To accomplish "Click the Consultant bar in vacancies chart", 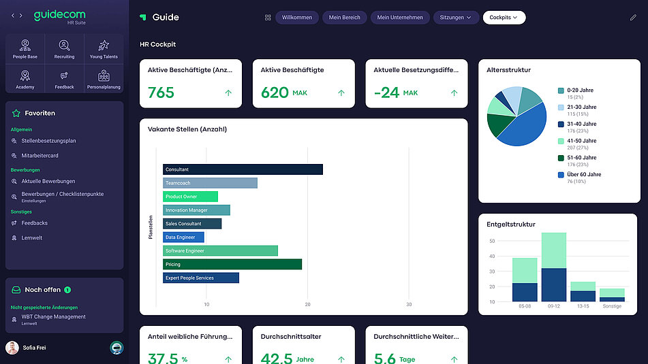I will click(242, 169).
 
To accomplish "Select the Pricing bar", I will click(232, 264).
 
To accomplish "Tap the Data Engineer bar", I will click(183, 237).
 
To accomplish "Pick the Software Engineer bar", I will click(219, 251).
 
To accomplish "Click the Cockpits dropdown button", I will click(504, 17).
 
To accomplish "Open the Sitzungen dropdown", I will click(455, 17).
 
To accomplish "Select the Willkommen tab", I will click(296, 17).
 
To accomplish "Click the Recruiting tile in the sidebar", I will click(64, 50).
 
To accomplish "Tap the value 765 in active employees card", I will click(161, 93).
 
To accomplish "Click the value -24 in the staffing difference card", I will click(386, 93).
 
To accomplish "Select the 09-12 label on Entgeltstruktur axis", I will click(553, 306).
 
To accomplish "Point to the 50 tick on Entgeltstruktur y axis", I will click(491, 241).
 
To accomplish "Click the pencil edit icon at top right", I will click(633, 17).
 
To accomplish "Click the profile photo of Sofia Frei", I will click(12, 348).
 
